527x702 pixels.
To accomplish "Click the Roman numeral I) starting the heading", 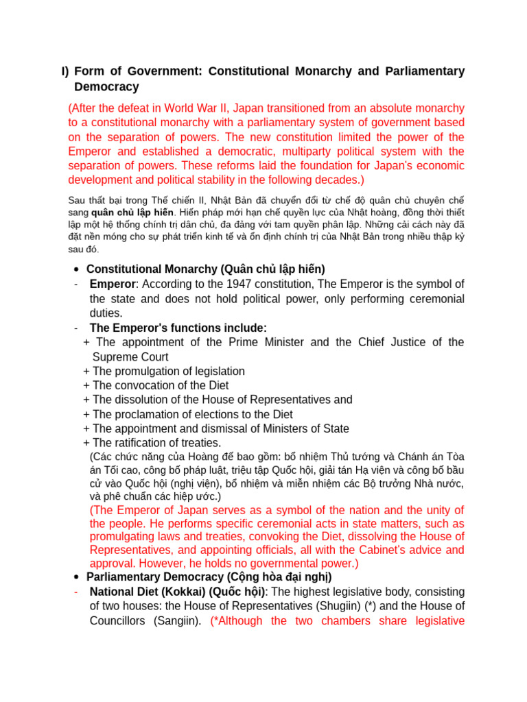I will (x=65, y=71).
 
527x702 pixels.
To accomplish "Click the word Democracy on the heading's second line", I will (x=106, y=87).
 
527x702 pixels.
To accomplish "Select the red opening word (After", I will (x=86, y=108).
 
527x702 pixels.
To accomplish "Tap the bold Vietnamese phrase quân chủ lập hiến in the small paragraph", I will (x=132, y=213).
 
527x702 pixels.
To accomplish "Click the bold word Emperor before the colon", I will (x=112, y=285).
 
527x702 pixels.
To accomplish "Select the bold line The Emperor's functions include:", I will (x=178, y=328).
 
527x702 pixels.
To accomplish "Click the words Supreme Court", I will (x=130, y=357).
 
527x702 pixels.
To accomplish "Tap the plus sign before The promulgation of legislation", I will (x=86, y=372).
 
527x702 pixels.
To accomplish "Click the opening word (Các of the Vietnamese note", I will (x=102, y=457).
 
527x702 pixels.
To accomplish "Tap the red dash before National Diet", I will (x=76, y=592).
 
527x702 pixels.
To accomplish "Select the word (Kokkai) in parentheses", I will (x=183, y=592).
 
